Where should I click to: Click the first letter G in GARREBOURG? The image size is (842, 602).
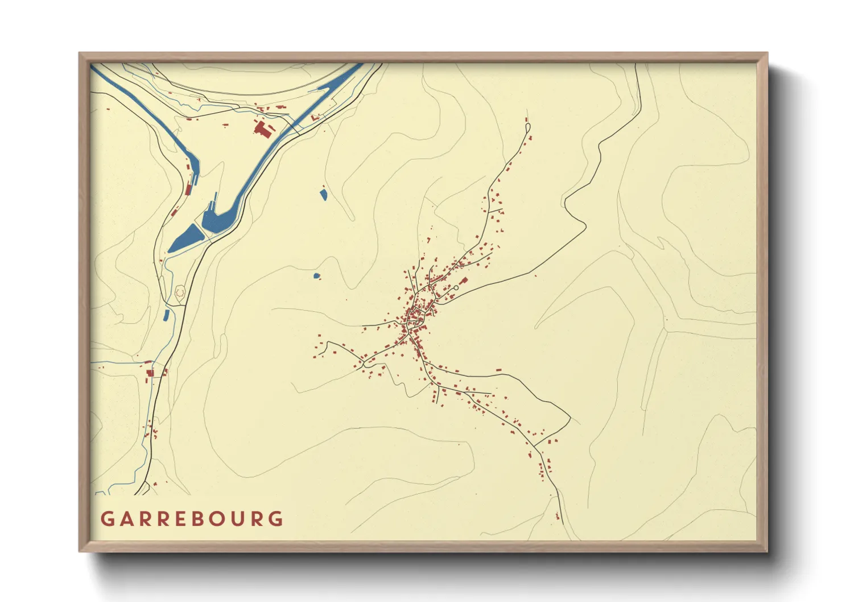(x=106, y=519)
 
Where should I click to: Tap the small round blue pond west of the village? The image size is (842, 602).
(x=316, y=276)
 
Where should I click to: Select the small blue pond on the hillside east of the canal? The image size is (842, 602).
(x=323, y=195)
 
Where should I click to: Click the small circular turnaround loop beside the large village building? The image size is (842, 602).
(x=456, y=288)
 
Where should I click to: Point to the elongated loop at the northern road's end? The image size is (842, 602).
(x=527, y=126)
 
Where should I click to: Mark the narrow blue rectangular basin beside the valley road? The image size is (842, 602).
(x=166, y=315)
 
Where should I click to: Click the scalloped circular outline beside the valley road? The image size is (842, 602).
(x=180, y=292)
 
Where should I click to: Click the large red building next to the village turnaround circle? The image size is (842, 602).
(x=463, y=281)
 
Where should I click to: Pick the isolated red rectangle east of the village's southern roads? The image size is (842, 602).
(x=498, y=370)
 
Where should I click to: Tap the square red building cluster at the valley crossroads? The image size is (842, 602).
(x=151, y=373)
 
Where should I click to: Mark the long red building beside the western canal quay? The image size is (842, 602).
(x=189, y=188)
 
